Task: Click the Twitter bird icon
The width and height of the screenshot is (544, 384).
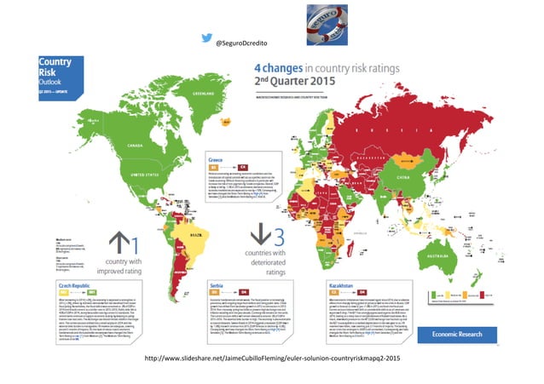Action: point(205,39)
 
